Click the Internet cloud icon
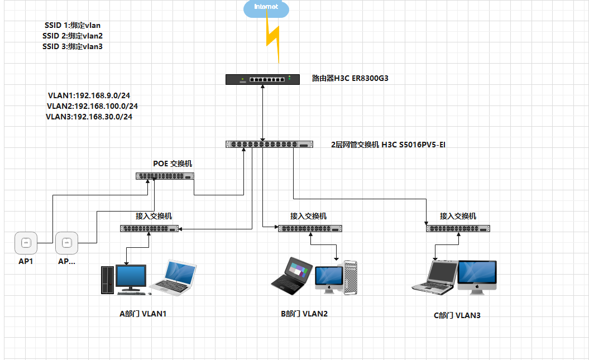266,8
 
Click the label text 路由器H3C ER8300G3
350,79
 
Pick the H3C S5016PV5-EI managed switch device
269,145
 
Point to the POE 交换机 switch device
165,176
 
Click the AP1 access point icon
25,243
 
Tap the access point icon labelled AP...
66,243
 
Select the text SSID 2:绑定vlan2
72,36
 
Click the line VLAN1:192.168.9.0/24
89,95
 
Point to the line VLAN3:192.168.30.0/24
89,117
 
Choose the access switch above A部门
149,228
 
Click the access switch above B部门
310,228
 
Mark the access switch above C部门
458,228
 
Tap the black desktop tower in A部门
107,280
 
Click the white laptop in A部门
175,277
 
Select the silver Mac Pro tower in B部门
351,277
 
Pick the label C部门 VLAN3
457,315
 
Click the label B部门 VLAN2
304,314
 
